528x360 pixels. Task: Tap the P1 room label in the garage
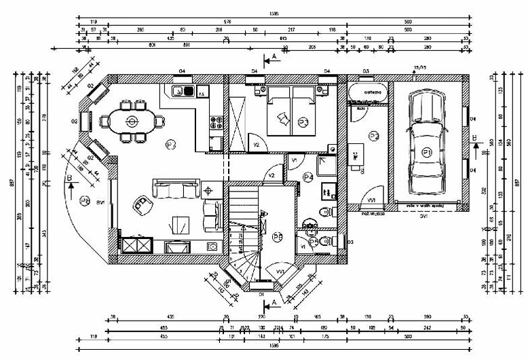[427, 150]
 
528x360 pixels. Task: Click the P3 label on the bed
[303, 122]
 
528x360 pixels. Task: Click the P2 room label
[373, 137]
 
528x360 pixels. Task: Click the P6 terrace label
[85, 200]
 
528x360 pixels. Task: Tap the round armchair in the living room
[142, 201]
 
